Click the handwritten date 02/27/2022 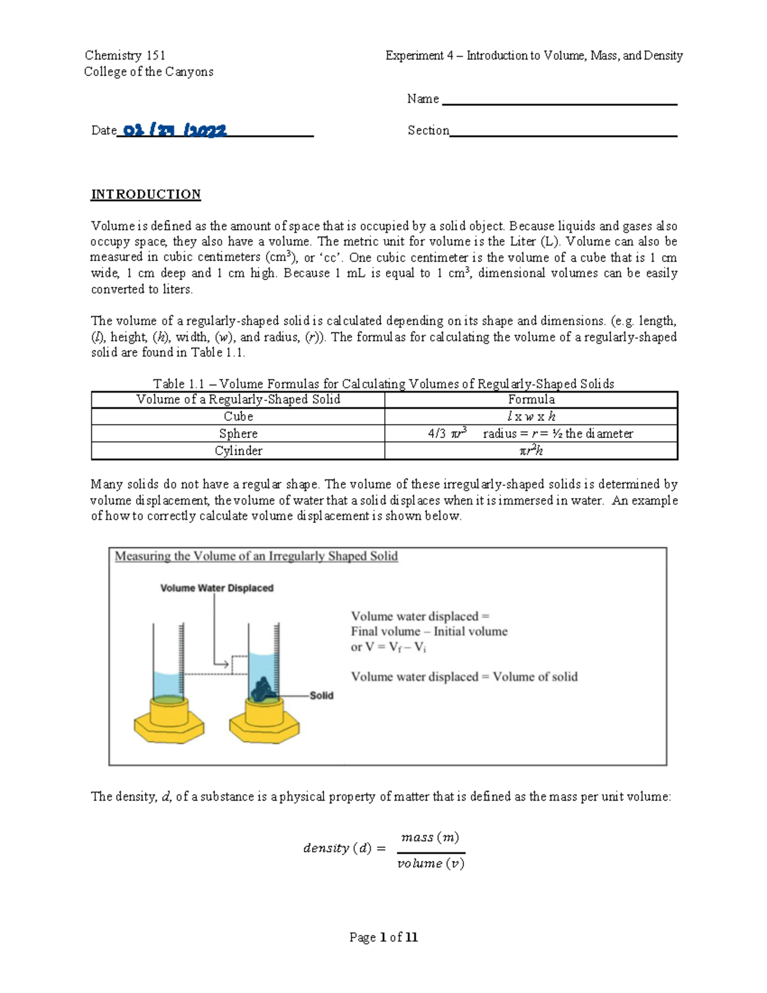point(174,130)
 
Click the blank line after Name point(559,102)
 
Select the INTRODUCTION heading point(146,194)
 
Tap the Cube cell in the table point(238,416)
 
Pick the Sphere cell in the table point(238,434)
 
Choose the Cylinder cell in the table point(238,451)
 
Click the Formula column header point(531,400)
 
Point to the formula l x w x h point(531,416)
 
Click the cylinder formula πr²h point(531,451)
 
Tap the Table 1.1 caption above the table point(383,384)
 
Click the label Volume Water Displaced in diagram point(217,588)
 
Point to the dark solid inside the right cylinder point(262,690)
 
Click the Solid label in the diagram point(322,696)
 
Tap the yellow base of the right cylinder point(264,723)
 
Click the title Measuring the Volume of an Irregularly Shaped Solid point(256,556)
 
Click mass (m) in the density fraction point(430,838)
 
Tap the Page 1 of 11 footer point(383,937)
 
